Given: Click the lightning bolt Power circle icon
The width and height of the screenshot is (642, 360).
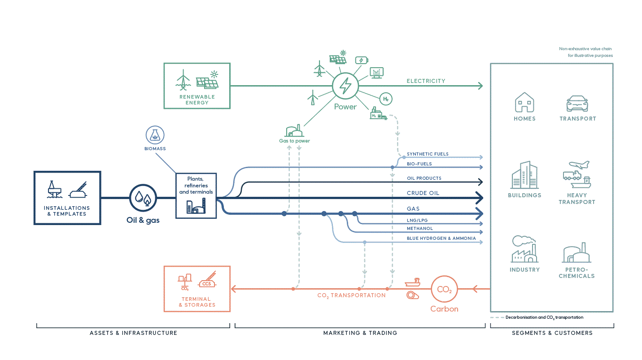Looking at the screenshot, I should pyautogui.click(x=345, y=86).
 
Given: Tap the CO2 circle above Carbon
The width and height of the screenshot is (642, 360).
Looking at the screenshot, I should pyautogui.click(x=444, y=289).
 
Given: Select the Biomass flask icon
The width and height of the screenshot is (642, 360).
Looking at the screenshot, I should pyautogui.click(x=155, y=135).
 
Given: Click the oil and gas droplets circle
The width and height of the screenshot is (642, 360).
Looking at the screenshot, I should pyautogui.click(x=143, y=198).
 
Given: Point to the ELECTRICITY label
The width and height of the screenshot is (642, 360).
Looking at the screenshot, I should pyautogui.click(x=426, y=81).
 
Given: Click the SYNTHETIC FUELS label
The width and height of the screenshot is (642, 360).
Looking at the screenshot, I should pyautogui.click(x=428, y=154).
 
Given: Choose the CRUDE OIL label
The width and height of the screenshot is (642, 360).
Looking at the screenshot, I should pyautogui.click(x=423, y=193).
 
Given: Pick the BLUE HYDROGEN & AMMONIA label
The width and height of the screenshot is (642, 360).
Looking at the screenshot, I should pyautogui.click(x=441, y=239).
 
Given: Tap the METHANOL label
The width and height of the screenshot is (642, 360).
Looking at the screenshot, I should pyautogui.click(x=419, y=229).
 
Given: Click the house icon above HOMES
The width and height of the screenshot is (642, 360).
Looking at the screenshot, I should pyautogui.click(x=524, y=102).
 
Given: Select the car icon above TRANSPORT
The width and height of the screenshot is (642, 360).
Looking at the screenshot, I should pyautogui.click(x=577, y=104).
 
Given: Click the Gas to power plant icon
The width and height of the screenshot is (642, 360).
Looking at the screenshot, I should pyautogui.click(x=294, y=130).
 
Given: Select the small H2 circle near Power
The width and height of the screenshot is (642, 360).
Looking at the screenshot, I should pyautogui.click(x=385, y=99).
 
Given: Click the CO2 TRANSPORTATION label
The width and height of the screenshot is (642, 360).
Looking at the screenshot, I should pyautogui.click(x=351, y=295).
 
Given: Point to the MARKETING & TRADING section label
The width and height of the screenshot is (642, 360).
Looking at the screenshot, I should pyautogui.click(x=360, y=333).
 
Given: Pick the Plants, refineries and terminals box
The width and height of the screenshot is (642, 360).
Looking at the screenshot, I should pyautogui.click(x=196, y=195).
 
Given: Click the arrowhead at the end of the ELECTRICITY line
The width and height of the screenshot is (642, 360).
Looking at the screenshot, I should pyautogui.click(x=480, y=86).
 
